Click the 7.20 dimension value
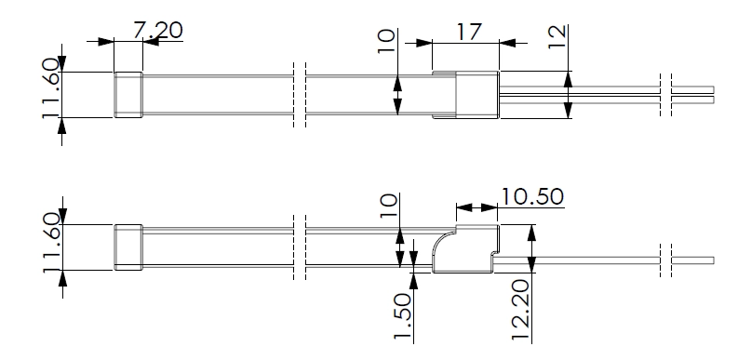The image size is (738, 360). click(x=157, y=30)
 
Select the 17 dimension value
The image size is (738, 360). click(x=469, y=32)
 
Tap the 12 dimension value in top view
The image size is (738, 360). click(x=557, y=36)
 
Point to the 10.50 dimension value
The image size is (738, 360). click(x=531, y=196)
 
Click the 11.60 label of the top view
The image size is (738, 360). click(x=51, y=88)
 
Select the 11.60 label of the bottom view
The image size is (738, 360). click(x=52, y=243)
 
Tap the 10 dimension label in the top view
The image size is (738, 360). click(x=386, y=42)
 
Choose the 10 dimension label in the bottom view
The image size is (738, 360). click(x=389, y=206)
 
